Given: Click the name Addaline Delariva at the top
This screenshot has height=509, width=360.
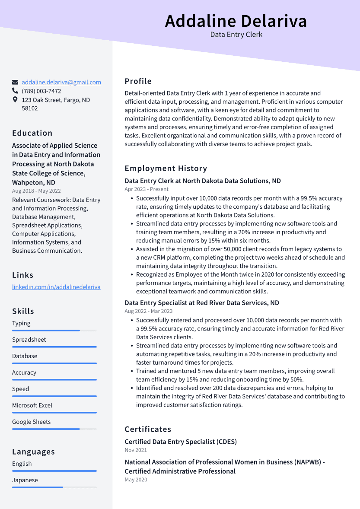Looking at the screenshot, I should coord(236,21).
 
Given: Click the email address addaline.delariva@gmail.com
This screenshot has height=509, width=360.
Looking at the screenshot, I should coord(61,82).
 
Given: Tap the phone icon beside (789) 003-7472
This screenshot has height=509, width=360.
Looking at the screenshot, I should coord(15,91).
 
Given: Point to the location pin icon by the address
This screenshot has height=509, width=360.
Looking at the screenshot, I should coord(15,100).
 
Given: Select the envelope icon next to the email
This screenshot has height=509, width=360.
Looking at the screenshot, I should coord(15,82).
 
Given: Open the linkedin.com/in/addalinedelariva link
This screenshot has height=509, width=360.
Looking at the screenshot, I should coord(56,287).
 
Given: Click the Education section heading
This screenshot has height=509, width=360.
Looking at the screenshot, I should coord(32,133).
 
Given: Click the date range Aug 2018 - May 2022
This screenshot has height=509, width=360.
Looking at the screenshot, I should coord(36,191).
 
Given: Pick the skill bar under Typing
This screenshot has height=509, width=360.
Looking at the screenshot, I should coord(54,331).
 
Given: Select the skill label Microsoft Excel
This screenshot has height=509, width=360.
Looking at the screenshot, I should coord(32,405).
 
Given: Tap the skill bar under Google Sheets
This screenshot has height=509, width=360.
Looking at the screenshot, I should coord(54,429).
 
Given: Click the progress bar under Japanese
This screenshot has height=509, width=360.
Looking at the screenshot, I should coord(54,487).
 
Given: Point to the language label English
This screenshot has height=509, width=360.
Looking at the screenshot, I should coord(22,464).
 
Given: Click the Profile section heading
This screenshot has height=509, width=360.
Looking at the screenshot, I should coord(138,81).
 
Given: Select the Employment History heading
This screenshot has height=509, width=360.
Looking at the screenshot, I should coord(166,169).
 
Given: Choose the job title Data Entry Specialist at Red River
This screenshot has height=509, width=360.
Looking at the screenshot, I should coord(202,303).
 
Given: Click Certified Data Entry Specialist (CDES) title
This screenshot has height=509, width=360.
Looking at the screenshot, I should coord(181,442).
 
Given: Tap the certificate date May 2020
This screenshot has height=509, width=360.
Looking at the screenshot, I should coord(136,480).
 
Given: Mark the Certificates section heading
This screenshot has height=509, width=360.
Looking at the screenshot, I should coord(148,429).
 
